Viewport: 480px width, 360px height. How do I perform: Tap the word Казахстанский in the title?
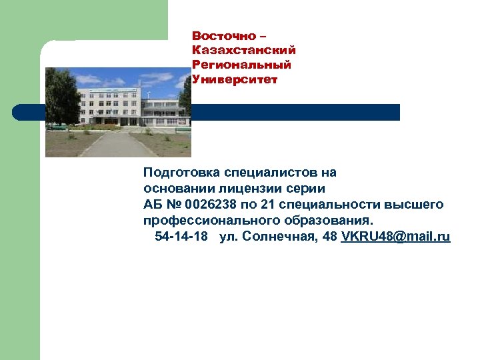(243, 50)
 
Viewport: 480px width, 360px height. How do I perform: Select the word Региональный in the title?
(241, 65)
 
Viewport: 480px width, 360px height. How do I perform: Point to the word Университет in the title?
(235, 79)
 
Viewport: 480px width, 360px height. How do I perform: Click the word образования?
(330, 220)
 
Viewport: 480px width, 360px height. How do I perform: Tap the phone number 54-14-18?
(181, 237)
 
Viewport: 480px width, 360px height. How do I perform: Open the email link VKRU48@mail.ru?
(395, 237)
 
